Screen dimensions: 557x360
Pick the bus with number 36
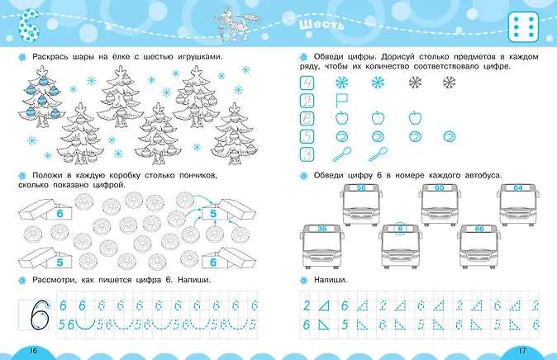(321, 246)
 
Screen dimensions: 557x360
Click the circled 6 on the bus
(400, 229)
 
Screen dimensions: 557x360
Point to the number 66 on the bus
(479, 229)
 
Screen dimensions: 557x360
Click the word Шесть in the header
(321, 26)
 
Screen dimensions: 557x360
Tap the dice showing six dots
(524, 26)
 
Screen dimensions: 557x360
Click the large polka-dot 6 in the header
(29, 26)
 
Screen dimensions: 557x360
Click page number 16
(33, 350)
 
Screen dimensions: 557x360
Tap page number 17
(521, 350)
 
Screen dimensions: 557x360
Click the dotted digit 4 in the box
(307, 83)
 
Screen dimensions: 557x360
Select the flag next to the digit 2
(341, 101)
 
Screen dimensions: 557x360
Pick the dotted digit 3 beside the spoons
(307, 154)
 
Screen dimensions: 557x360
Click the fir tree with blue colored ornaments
(42, 97)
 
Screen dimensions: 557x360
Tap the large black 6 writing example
(39, 315)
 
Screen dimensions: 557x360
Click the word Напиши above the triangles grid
(331, 280)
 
